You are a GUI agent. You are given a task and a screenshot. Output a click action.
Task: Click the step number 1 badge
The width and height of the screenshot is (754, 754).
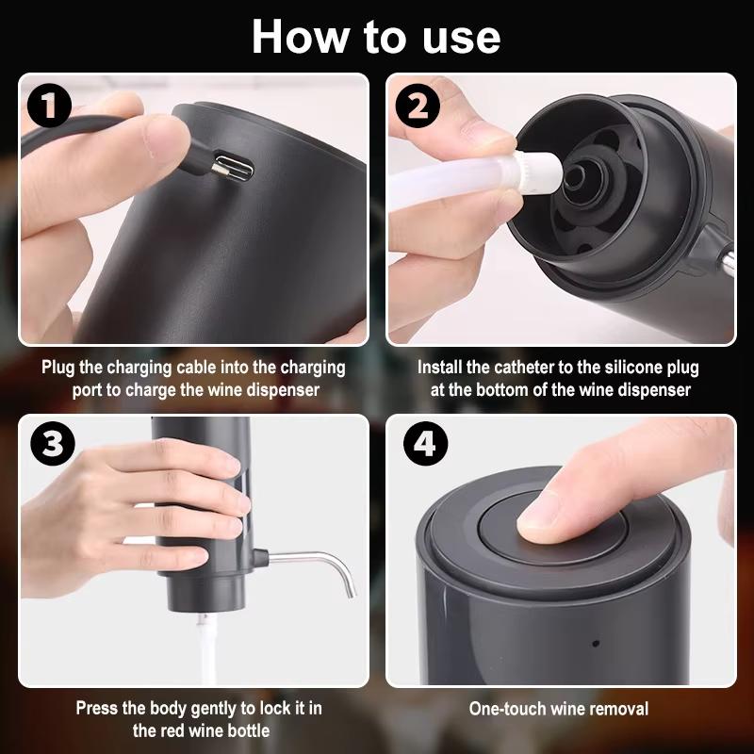[x=47, y=107]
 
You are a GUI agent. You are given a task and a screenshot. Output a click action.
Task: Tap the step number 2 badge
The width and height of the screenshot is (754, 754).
[x=418, y=107]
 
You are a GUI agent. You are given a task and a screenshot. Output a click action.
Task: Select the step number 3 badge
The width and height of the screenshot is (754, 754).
[x=47, y=443]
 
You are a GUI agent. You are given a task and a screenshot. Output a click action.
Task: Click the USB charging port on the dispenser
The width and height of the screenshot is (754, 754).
[x=231, y=169]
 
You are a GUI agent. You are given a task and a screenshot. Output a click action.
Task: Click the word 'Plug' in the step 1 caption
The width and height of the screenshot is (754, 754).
[x=58, y=368]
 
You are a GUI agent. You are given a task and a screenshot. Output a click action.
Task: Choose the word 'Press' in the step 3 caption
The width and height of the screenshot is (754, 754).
[x=97, y=708]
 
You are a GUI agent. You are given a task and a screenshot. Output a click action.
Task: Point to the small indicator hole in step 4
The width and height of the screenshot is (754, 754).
[x=595, y=644]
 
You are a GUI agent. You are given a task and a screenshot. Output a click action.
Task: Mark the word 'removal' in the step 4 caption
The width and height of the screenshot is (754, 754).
[x=618, y=708]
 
